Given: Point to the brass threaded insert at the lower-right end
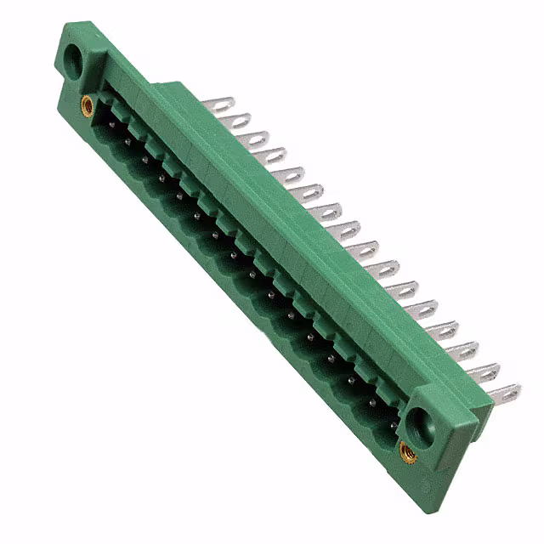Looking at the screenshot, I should (407, 450).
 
